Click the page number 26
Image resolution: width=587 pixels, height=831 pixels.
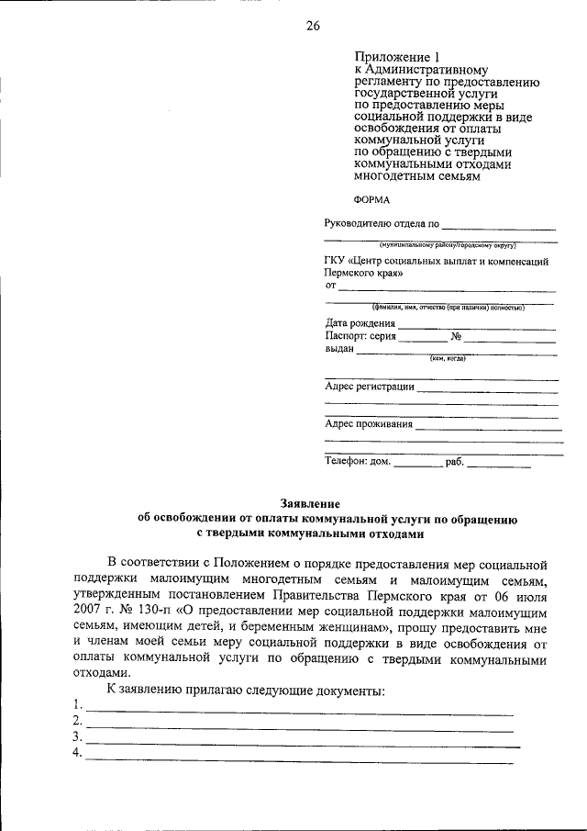pyautogui.click(x=313, y=26)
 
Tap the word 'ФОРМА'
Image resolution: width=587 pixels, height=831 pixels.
pyautogui.click(x=371, y=198)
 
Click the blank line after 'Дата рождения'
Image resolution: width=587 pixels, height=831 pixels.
pyautogui.click(x=476, y=324)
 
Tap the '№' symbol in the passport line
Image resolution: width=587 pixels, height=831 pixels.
pyautogui.click(x=456, y=336)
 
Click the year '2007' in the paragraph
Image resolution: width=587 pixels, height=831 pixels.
pyautogui.click(x=86, y=610)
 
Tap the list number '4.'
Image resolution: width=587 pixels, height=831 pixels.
pyautogui.click(x=76, y=753)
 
